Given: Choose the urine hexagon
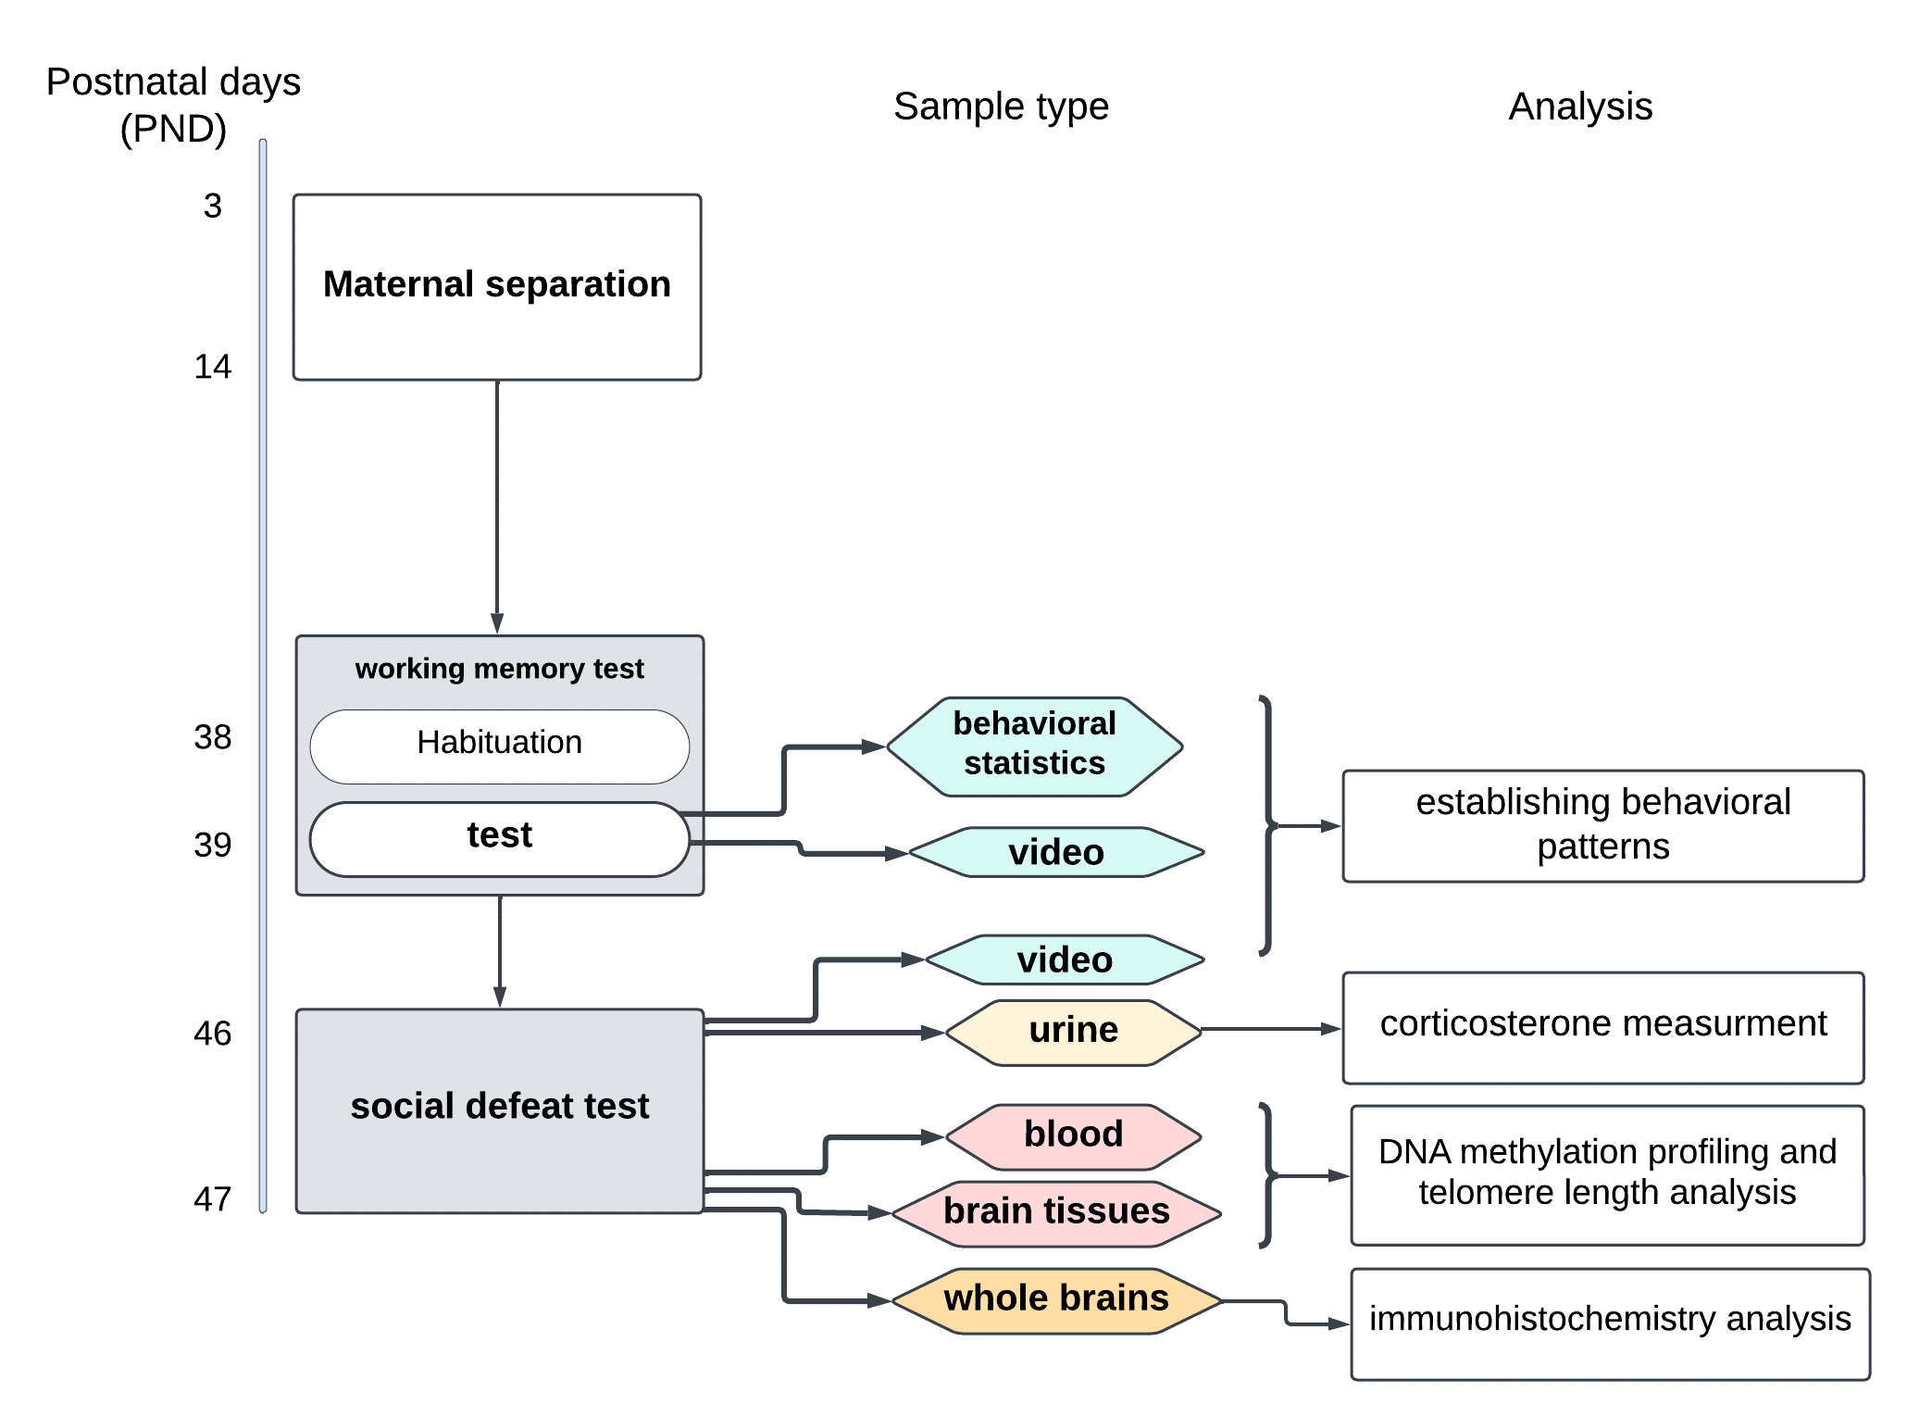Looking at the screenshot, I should pos(1073,1032).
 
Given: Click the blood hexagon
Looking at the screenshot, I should pos(1073,1135).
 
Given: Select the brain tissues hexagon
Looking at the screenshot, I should pos(1056,1212).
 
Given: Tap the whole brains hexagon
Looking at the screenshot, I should pos(1056,1299).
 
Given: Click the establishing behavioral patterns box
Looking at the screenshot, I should pos(1602,825).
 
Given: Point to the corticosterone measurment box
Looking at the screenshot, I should pos(1602,1026).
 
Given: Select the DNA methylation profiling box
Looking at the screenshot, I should pos(1607,1173).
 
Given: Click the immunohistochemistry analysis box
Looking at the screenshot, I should pos(1610,1322).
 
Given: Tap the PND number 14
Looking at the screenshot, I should pos(213,367).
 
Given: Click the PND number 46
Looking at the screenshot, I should pos(213,1034).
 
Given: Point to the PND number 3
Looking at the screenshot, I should pos(213,206).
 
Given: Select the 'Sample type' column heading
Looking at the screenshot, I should pos(1001,107).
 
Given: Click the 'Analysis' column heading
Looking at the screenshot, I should pos(1580,107).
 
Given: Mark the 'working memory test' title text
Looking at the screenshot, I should pos(499,669).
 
